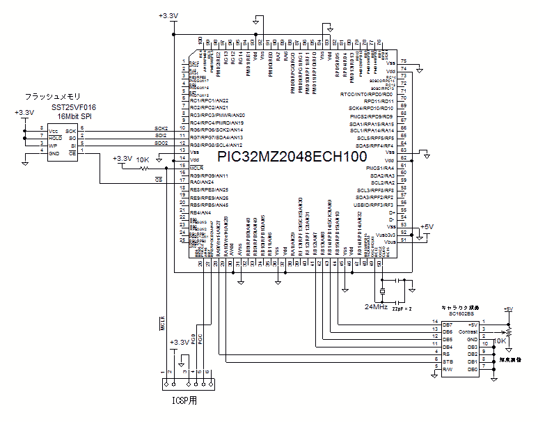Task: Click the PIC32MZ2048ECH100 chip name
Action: click(291, 157)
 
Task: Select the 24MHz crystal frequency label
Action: click(376, 306)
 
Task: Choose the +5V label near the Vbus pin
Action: click(427, 227)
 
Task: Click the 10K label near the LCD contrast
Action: click(500, 341)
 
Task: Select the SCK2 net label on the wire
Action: click(161, 129)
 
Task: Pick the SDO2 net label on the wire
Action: click(161, 143)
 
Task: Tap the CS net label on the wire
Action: click(159, 180)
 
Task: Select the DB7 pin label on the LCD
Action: click(448, 325)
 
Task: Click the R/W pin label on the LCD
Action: click(448, 370)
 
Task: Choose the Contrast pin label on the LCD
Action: click(469, 332)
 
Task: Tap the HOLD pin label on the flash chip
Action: click(54, 136)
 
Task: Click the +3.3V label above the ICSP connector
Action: click(180, 343)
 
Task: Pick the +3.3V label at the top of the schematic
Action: click(168, 15)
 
